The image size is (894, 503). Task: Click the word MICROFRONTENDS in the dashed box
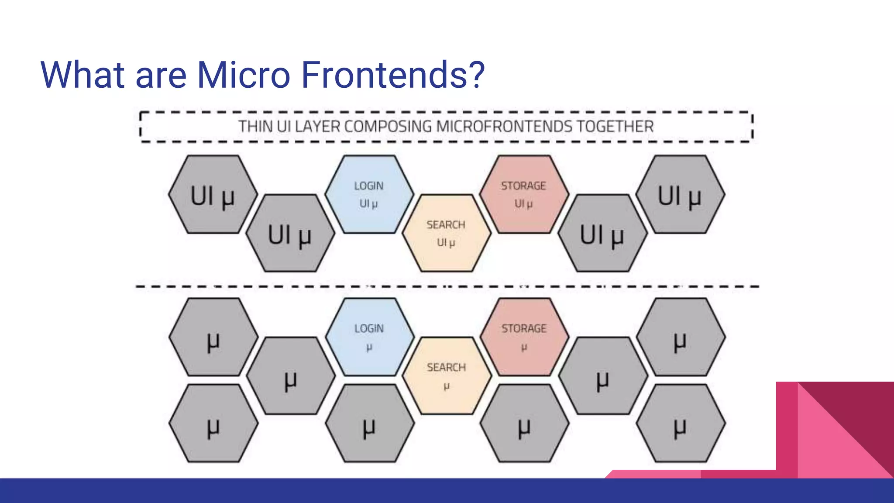pyautogui.click(x=504, y=127)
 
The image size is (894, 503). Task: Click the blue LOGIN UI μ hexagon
pyautogui.click(x=369, y=194)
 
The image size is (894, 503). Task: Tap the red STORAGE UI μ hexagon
pyautogui.click(x=523, y=194)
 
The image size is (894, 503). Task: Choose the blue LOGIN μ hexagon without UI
pyautogui.click(x=369, y=337)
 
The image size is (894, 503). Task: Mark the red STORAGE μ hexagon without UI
pyautogui.click(x=524, y=337)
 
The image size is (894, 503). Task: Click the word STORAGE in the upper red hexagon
pyautogui.click(x=523, y=186)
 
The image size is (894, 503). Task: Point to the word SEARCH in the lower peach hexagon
pyautogui.click(x=446, y=368)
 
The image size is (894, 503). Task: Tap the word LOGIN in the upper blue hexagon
pyautogui.click(x=369, y=186)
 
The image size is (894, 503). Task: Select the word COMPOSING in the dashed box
pyautogui.click(x=388, y=127)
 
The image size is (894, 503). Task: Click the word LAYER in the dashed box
pyautogui.click(x=317, y=127)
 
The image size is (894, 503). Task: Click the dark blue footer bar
pyautogui.click(x=306, y=491)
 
